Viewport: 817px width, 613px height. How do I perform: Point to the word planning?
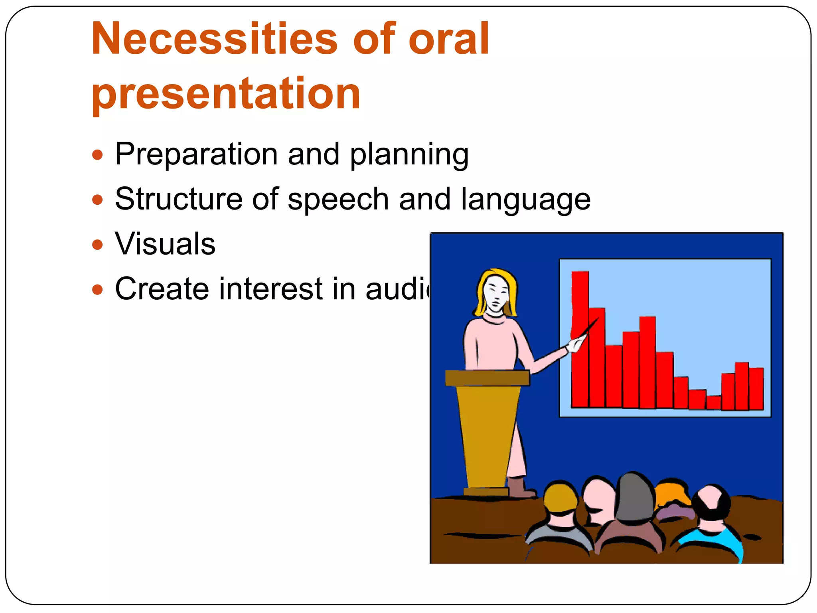click(409, 154)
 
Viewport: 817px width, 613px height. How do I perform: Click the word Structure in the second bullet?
click(178, 199)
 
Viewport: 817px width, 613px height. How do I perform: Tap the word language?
click(525, 200)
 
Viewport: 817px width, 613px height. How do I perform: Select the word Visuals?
click(165, 244)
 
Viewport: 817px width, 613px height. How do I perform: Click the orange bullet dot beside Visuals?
click(97, 244)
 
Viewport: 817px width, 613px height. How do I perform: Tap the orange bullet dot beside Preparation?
click(97, 154)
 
